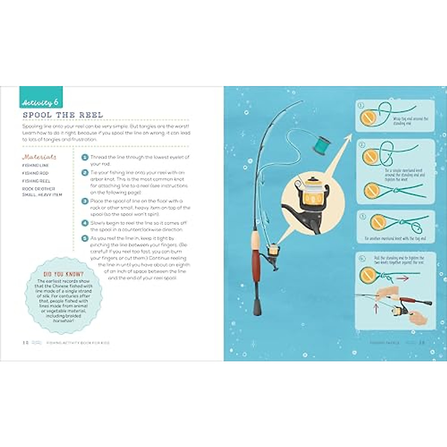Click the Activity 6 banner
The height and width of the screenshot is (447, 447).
41,102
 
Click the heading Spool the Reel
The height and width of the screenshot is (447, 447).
63,115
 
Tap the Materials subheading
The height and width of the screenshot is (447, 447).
39,157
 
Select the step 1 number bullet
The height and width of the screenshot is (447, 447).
85,158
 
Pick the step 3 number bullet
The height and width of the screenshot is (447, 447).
85,201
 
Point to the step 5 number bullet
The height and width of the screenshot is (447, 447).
85,238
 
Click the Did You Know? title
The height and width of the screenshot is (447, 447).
64,274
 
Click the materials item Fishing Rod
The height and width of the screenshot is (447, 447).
35,173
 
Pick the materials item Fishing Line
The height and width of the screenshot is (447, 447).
36,165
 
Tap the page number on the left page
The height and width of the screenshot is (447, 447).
25,343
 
